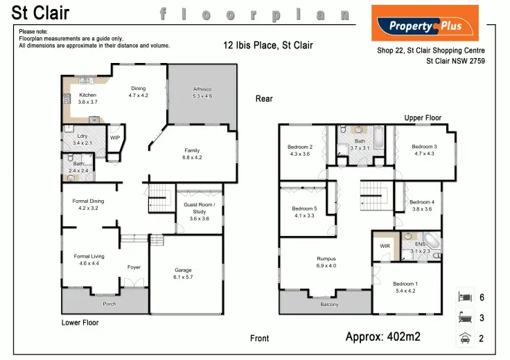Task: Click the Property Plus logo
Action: [425, 24]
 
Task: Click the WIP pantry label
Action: [115, 137]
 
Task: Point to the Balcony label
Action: [329, 305]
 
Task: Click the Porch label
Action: [109, 304]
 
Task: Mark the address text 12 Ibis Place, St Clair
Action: [268, 46]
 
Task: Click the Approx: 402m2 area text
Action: [382, 337]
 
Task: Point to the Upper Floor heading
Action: [423, 118]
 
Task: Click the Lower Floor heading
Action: [80, 323]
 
